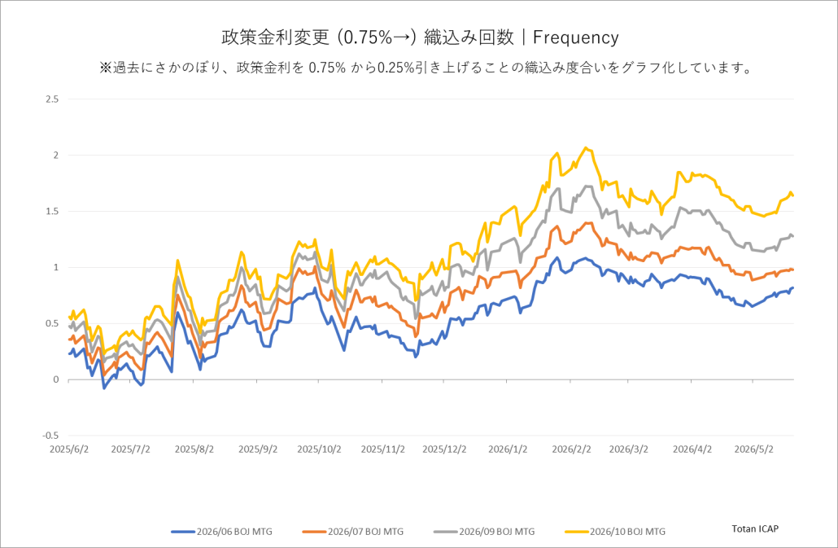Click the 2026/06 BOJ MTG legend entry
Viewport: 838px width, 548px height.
click(222, 532)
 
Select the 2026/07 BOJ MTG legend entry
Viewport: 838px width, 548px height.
click(353, 532)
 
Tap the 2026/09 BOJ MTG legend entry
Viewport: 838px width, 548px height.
click(484, 532)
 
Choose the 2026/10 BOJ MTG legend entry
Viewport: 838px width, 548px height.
click(615, 532)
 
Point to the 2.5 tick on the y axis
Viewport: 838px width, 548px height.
click(52, 99)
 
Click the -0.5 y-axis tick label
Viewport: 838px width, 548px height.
click(50, 435)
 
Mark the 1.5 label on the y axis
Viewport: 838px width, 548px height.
click(52, 211)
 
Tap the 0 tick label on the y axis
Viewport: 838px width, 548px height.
click(56, 379)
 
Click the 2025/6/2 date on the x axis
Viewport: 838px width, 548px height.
click(69, 449)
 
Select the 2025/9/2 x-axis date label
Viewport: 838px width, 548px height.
click(258, 449)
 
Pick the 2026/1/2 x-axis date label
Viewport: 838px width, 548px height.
click(508, 449)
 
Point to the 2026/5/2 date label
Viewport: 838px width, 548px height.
click(753, 449)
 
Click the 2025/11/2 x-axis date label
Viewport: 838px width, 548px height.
click(382, 449)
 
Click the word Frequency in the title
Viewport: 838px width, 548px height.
click(575, 37)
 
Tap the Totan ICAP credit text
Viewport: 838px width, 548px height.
click(755, 528)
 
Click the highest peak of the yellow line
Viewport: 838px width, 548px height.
click(586, 147)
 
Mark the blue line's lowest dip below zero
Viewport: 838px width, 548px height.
click(103, 388)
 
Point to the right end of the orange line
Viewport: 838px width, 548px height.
click(793, 270)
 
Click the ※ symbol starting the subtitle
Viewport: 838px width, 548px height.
click(106, 68)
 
